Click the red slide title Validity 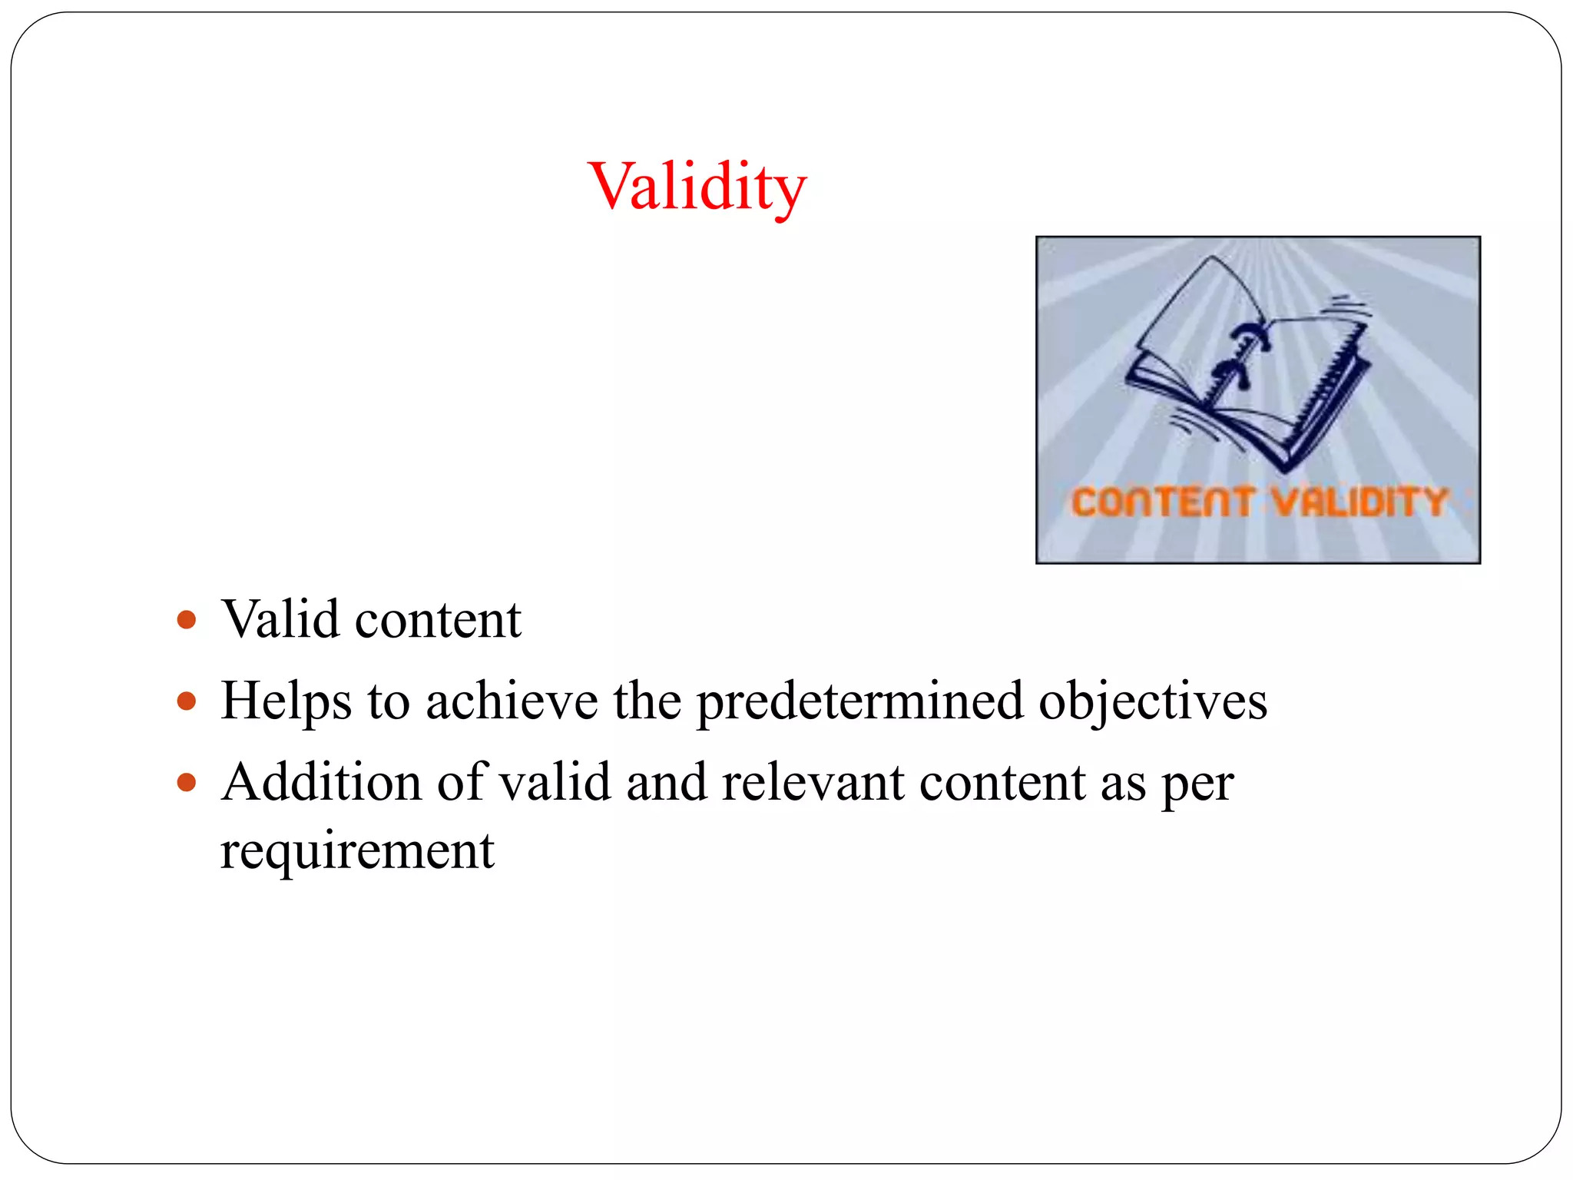[x=697, y=186]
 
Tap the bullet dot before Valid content [x=187, y=619]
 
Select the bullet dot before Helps [x=187, y=701]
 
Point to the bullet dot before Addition [x=187, y=782]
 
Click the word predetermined [x=859, y=702]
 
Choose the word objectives [x=1152, y=702]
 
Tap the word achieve [x=512, y=701]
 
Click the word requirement [x=357, y=851]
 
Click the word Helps [x=286, y=702]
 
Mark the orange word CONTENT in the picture [x=1163, y=502]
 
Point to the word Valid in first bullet [x=280, y=619]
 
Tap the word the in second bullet [x=647, y=701]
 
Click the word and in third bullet [x=666, y=782]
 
